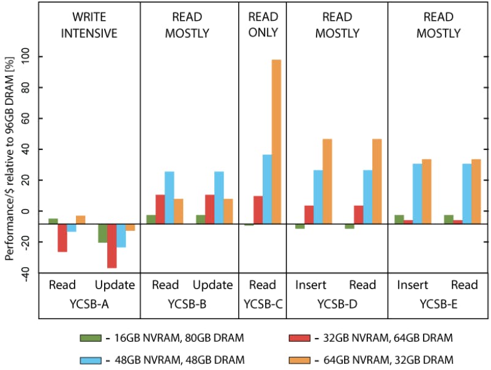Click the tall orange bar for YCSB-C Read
point(276,142)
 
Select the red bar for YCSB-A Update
point(111,246)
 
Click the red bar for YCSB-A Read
point(62,238)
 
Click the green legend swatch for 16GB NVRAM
point(91,338)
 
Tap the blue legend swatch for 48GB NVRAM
point(91,358)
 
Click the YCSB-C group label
point(263,303)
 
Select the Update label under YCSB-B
point(212,285)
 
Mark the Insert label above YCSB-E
point(413,285)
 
